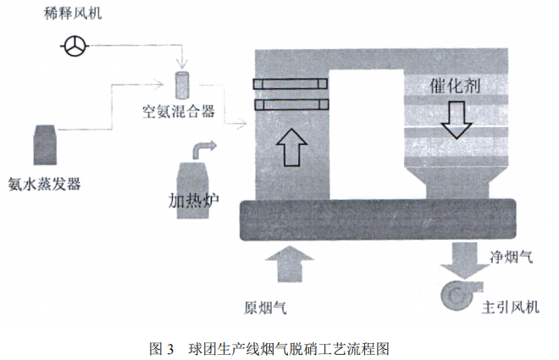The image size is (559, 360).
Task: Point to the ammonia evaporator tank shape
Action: coord(44,144)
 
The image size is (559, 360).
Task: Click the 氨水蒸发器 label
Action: coord(43,180)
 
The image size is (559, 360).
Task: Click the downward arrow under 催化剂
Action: coord(458,119)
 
